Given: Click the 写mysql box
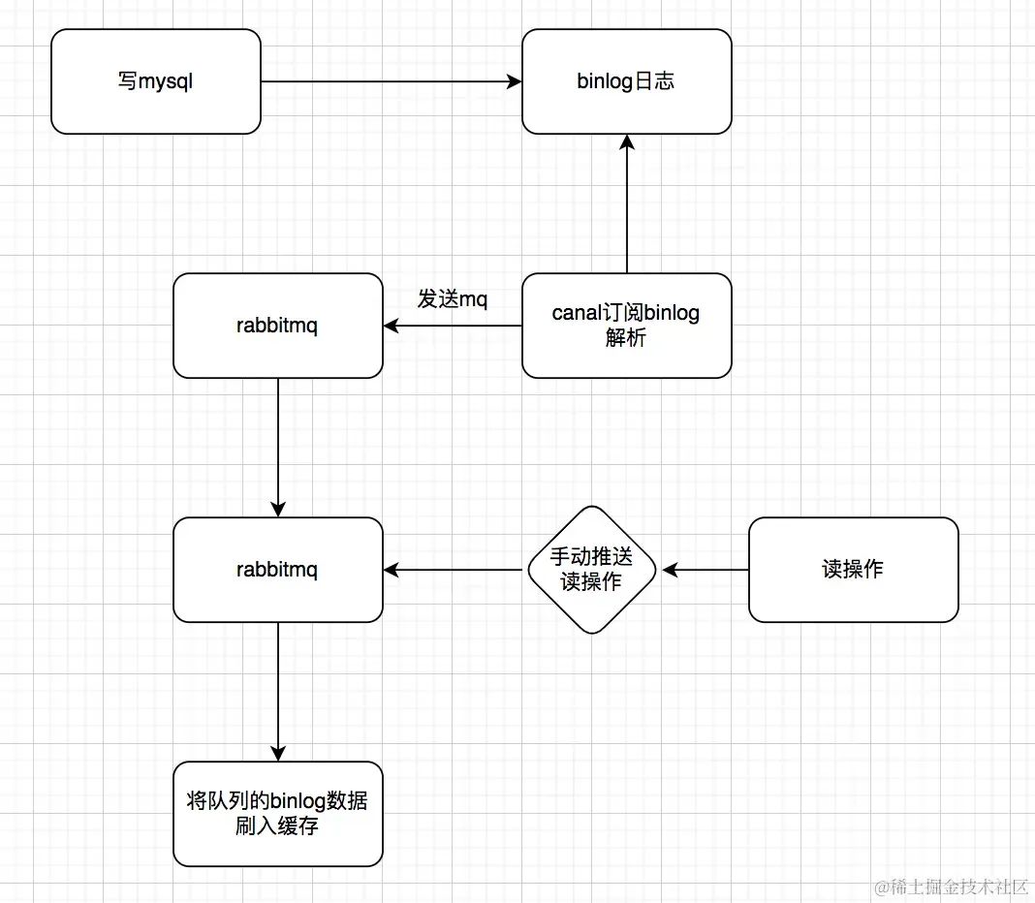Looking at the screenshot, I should point(155,81).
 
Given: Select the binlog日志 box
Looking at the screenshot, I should point(626,81).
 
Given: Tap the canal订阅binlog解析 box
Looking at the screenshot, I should point(626,326).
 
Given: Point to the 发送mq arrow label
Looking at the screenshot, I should point(453,299).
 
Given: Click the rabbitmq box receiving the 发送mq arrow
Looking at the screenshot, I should point(277,326).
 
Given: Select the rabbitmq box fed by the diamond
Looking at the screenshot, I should point(277,570).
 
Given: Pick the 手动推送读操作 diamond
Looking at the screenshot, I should point(592,570).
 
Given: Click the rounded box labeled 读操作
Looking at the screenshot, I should point(853,570).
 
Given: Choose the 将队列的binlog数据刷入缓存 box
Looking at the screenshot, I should point(277,814).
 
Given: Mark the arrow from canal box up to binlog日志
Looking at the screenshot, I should point(627,203).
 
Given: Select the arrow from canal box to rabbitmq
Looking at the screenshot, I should point(453,327).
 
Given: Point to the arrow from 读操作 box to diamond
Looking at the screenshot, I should point(704,570).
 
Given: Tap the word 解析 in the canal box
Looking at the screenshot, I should point(626,338).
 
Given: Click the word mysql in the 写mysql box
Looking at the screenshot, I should point(166,82).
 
